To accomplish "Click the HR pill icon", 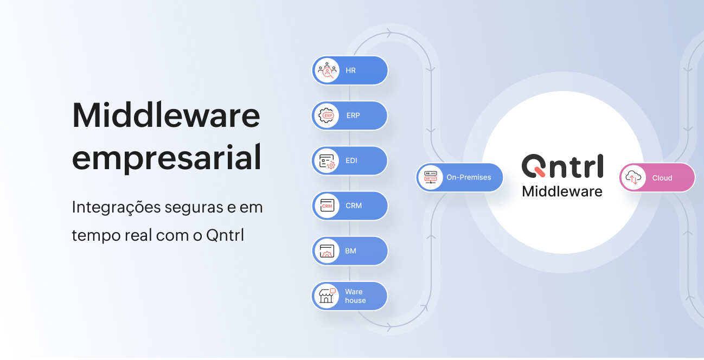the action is [327, 70].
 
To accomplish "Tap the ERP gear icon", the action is [327, 115].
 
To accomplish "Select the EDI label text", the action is [351, 160].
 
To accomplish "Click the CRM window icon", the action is [327, 206].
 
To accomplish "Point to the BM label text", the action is [350, 250].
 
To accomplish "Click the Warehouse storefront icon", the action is [327, 295].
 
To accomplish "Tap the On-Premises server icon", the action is [431, 177].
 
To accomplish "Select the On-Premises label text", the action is [469, 177].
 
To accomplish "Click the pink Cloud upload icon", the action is [633, 178].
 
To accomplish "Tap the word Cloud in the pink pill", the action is [662, 178].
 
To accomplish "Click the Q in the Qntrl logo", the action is [534, 165].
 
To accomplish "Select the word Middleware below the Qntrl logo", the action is [562, 191].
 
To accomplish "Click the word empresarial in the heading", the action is [167, 158].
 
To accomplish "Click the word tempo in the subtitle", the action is [96, 235].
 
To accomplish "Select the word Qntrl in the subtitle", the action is [225, 235].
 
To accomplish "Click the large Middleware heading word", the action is [166, 115].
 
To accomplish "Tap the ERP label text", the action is [353, 115].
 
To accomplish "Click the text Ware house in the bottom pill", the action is [355, 296].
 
